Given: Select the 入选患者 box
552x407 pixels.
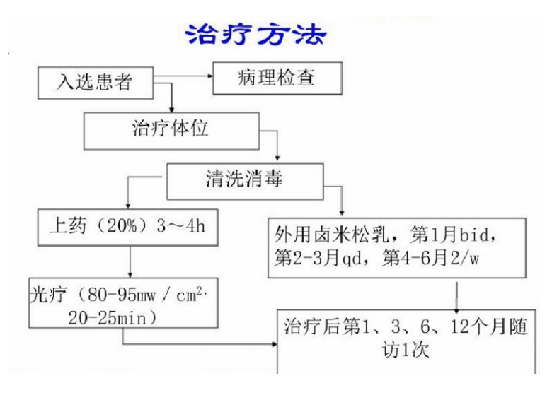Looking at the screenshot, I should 96,83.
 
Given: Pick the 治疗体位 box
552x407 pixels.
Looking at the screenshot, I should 171,129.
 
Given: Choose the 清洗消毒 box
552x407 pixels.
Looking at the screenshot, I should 242,181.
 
